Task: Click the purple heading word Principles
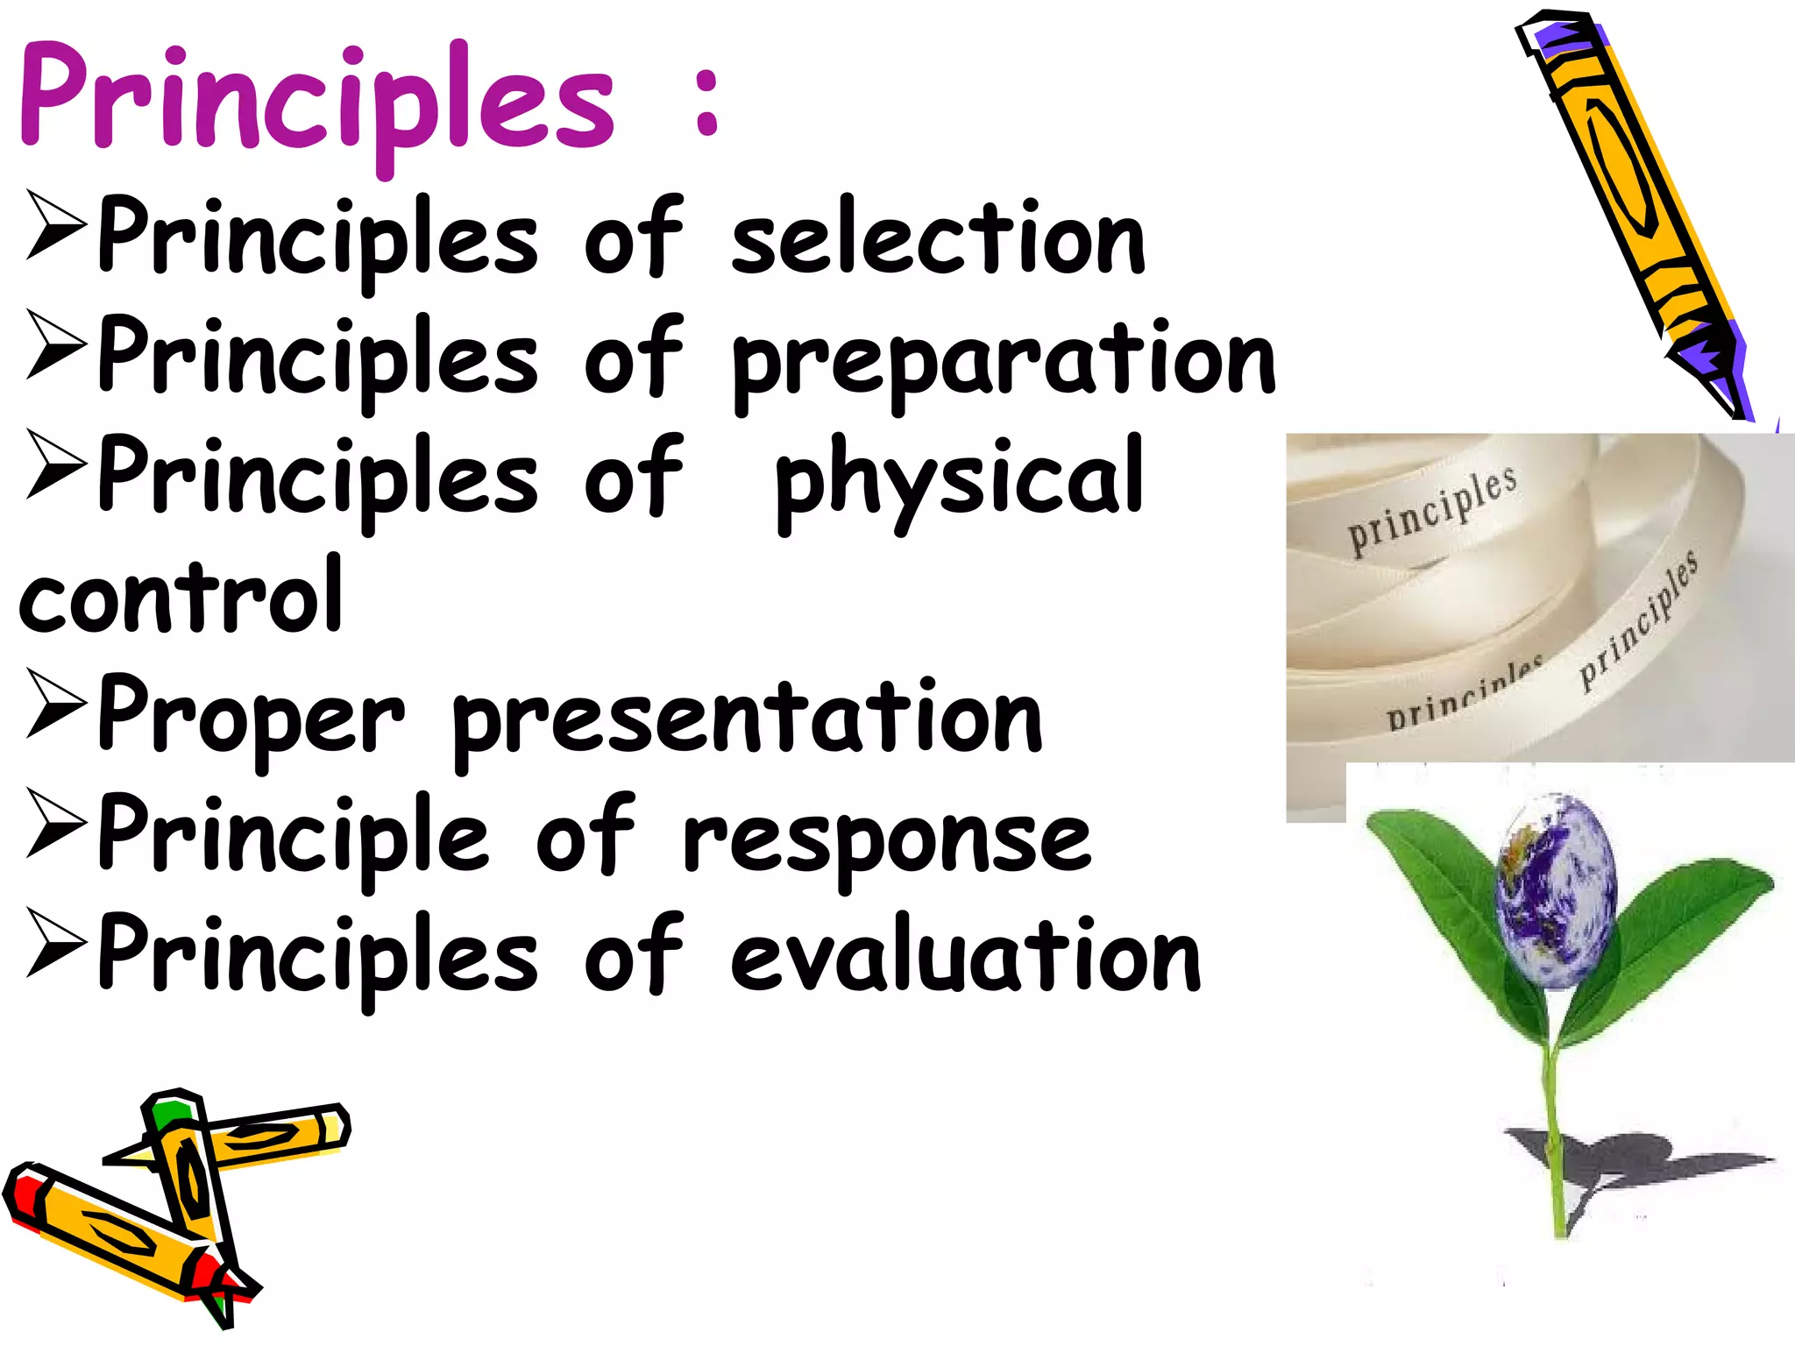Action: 316,101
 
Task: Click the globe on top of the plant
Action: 1556,889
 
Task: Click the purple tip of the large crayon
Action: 1718,368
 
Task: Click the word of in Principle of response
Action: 585,837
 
